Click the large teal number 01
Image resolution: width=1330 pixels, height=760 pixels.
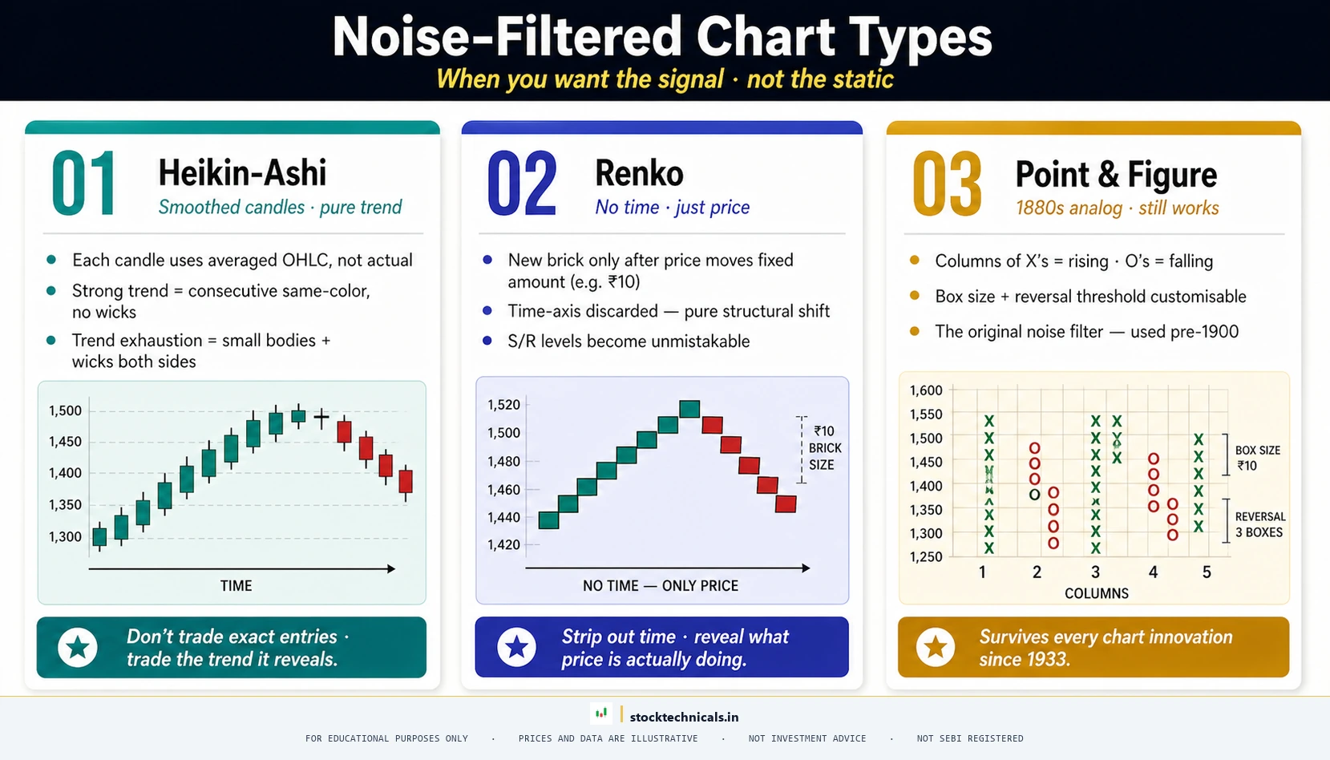pyautogui.click(x=83, y=184)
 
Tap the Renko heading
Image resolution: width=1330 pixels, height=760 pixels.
pyautogui.click(x=639, y=173)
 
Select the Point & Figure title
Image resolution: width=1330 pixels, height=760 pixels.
pyautogui.click(x=1115, y=175)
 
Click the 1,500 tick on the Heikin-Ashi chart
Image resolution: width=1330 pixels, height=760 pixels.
pyautogui.click(x=65, y=410)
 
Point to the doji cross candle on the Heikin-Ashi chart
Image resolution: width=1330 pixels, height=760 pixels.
pyautogui.click(x=321, y=418)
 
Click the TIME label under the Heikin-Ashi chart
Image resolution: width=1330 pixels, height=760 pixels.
pyautogui.click(x=236, y=586)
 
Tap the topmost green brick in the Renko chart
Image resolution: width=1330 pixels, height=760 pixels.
pyautogui.click(x=689, y=409)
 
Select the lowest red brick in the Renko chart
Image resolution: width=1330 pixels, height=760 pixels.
pyautogui.click(x=786, y=503)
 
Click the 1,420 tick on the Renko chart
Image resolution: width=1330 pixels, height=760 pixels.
pyautogui.click(x=503, y=545)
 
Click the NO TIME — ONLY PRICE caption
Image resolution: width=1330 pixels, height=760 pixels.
pyautogui.click(x=660, y=586)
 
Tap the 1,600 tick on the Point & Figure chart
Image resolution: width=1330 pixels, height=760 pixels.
pyautogui.click(x=926, y=390)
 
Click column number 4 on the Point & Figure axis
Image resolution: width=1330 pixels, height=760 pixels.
pyautogui.click(x=1153, y=572)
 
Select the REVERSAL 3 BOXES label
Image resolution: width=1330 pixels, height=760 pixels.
pyautogui.click(x=1259, y=524)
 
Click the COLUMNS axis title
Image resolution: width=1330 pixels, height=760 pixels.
pyautogui.click(x=1096, y=593)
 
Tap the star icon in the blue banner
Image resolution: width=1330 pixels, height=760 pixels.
pyautogui.click(x=516, y=647)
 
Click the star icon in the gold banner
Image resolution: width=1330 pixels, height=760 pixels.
pyautogui.click(x=936, y=647)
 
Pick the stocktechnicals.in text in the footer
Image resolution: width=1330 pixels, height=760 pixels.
pyautogui.click(x=684, y=717)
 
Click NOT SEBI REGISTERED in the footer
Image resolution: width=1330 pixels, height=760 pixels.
pyautogui.click(x=969, y=738)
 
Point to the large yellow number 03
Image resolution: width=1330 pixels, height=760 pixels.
pyautogui.click(x=947, y=184)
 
